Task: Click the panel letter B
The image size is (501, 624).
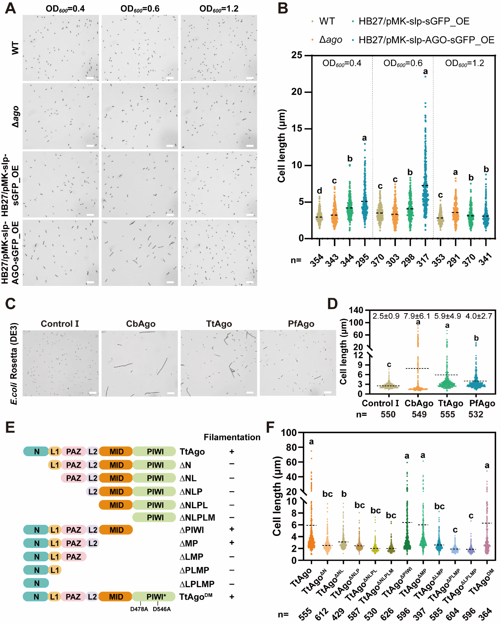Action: (x=283, y=8)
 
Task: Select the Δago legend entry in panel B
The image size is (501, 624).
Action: (x=330, y=40)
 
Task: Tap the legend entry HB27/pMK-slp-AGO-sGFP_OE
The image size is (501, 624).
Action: (x=426, y=40)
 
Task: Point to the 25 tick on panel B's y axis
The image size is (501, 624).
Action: (x=297, y=55)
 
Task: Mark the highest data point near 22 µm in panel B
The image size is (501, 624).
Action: (x=426, y=77)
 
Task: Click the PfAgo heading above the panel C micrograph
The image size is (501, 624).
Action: (x=301, y=324)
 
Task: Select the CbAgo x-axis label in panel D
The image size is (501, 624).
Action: (x=419, y=403)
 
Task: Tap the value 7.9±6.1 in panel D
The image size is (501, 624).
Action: (x=416, y=316)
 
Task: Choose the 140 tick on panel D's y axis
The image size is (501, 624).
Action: (x=356, y=310)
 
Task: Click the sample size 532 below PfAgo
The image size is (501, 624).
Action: (x=476, y=414)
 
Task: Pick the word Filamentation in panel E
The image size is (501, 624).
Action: (x=232, y=437)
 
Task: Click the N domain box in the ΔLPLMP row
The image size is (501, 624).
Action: (x=36, y=583)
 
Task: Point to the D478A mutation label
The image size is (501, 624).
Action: (x=139, y=609)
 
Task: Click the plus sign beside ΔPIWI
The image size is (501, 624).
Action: (x=232, y=529)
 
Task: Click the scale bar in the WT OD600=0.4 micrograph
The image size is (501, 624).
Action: (x=90, y=78)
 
